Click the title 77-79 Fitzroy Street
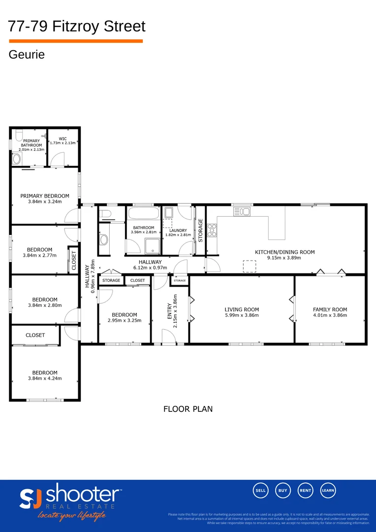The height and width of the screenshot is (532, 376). [x=77, y=26]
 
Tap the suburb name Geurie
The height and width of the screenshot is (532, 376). [x=27, y=55]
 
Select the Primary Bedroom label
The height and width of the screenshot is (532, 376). [x=45, y=196]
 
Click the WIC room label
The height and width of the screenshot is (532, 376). [x=63, y=138]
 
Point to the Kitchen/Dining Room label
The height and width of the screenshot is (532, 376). [x=284, y=252]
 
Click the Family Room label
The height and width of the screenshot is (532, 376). [x=330, y=310]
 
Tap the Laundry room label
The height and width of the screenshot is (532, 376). [x=177, y=231]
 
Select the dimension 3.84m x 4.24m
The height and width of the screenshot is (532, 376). [x=45, y=379]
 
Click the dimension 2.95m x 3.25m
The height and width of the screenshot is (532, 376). [x=124, y=320]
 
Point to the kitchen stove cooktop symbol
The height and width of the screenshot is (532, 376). [x=213, y=231]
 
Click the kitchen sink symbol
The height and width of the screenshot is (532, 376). [x=242, y=211]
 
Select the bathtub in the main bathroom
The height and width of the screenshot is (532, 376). [x=143, y=215]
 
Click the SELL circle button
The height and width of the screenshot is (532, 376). [x=261, y=490]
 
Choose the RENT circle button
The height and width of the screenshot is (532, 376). [x=306, y=490]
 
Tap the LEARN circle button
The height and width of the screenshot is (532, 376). [x=328, y=490]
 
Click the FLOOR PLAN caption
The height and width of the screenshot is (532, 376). [x=188, y=409]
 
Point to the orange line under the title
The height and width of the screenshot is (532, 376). [x=76, y=41]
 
